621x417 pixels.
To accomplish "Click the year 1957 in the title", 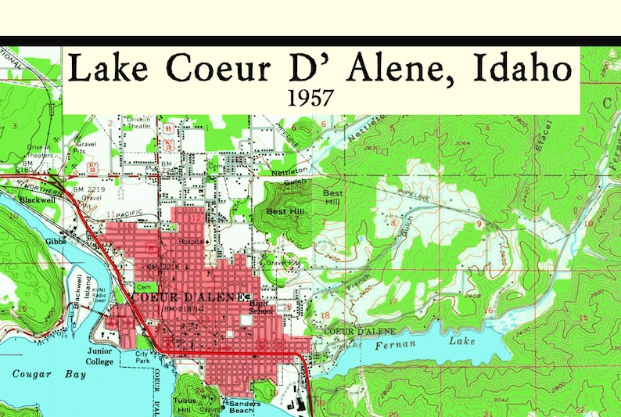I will click(311, 99).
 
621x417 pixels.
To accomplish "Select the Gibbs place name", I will click(56, 242).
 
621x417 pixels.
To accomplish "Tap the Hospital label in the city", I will click(192, 242).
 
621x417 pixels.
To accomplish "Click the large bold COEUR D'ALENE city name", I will click(187, 297).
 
